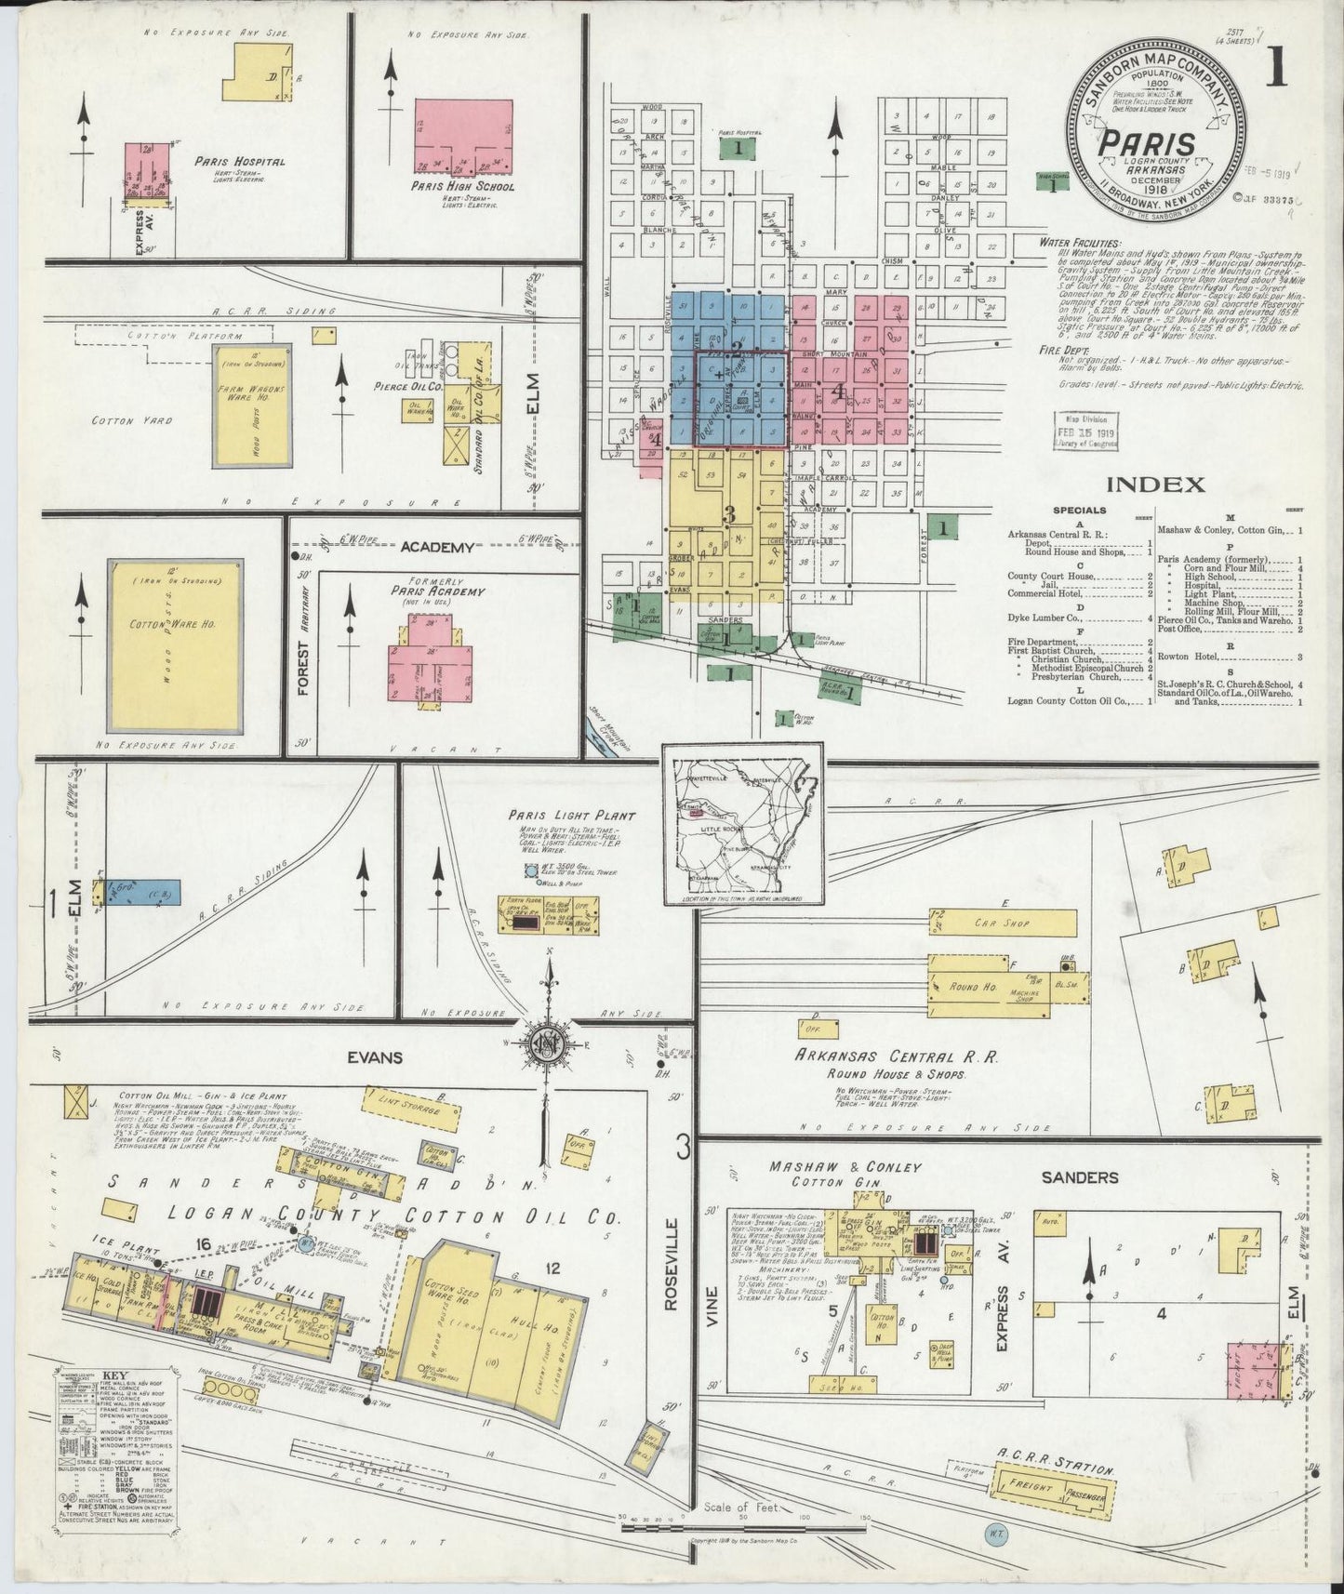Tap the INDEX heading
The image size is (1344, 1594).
(x=1156, y=484)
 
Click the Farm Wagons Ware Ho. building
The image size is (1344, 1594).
(x=248, y=406)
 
